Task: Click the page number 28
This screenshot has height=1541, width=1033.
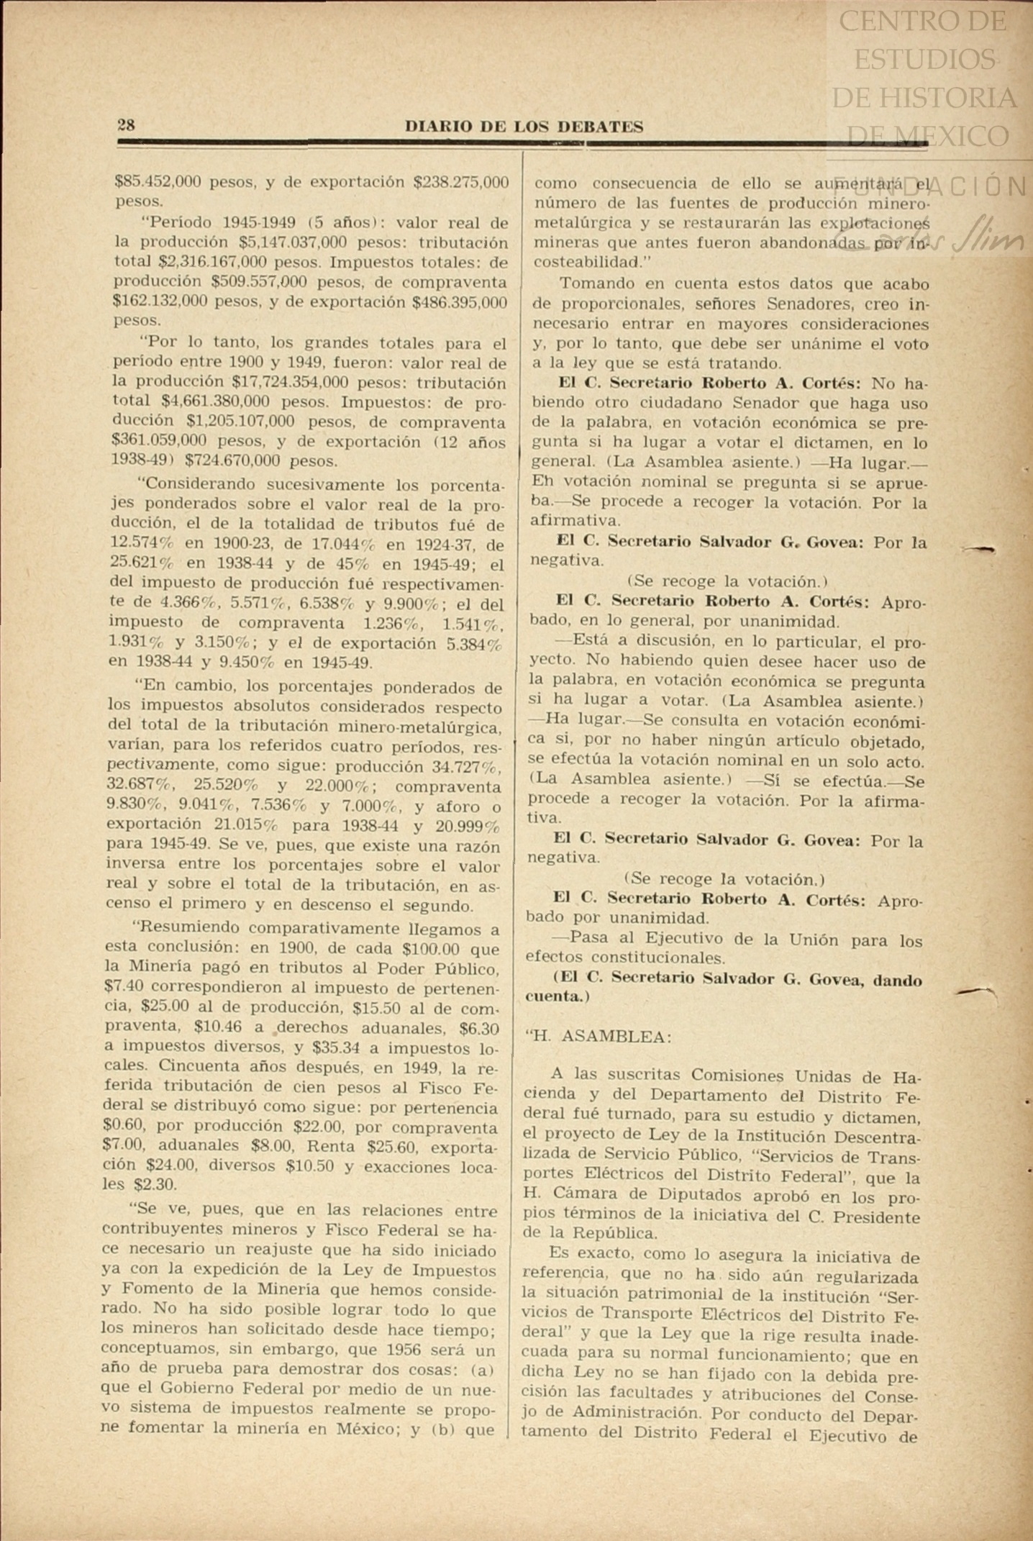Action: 126,124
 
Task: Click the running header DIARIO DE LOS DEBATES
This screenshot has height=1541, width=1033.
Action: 524,127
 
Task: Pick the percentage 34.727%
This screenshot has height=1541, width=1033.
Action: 466,767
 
